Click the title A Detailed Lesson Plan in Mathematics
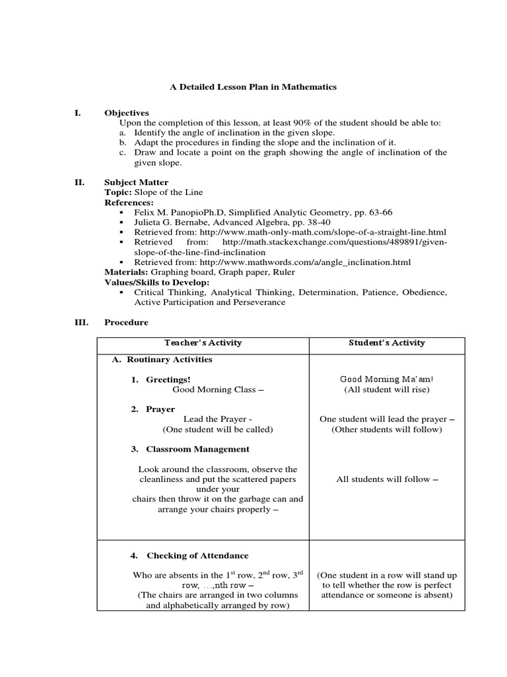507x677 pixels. pyautogui.click(x=253, y=87)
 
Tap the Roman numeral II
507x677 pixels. pyautogui.click(x=79, y=182)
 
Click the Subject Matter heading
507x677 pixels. pyautogui.click(x=136, y=182)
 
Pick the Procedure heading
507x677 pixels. pyautogui.click(x=126, y=322)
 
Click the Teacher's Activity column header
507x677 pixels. pyautogui.click(x=203, y=342)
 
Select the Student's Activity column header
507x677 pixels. pyautogui.click(x=387, y=342)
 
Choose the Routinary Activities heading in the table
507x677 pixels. pyautogui.click(x=169, y=359)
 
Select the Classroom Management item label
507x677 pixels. pyautogui.click(x=197, y=449)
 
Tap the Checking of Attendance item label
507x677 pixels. pyautogui.click(x=197, y=555)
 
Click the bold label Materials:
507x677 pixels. pyautogui.click(x=126, y=272)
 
